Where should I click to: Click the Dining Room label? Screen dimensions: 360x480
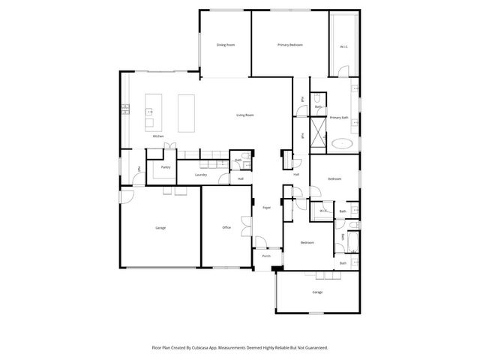(x=226, y=46)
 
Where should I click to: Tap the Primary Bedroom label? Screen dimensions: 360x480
(x=289, y=46)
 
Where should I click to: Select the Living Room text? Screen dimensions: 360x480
(x=245, y=115)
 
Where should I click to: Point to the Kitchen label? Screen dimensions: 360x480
(x=158, y=136)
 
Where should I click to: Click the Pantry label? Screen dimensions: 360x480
(x=165, y=167)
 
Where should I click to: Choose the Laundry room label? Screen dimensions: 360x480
(x=200, y=175)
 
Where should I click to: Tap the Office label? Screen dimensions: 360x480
(x=226, y=227)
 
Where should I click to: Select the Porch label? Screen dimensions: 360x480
(x=266, y=256)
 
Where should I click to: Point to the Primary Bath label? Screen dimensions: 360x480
(x=339, y=118)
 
